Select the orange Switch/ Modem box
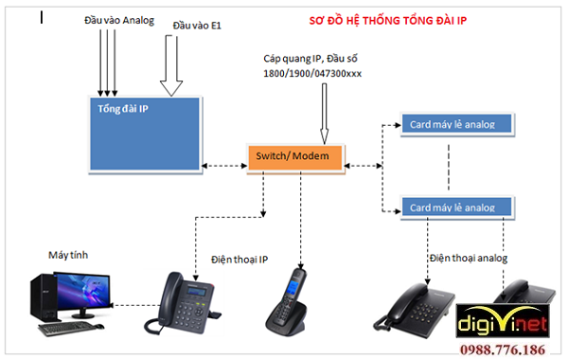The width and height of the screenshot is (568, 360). tap(295, 155)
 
